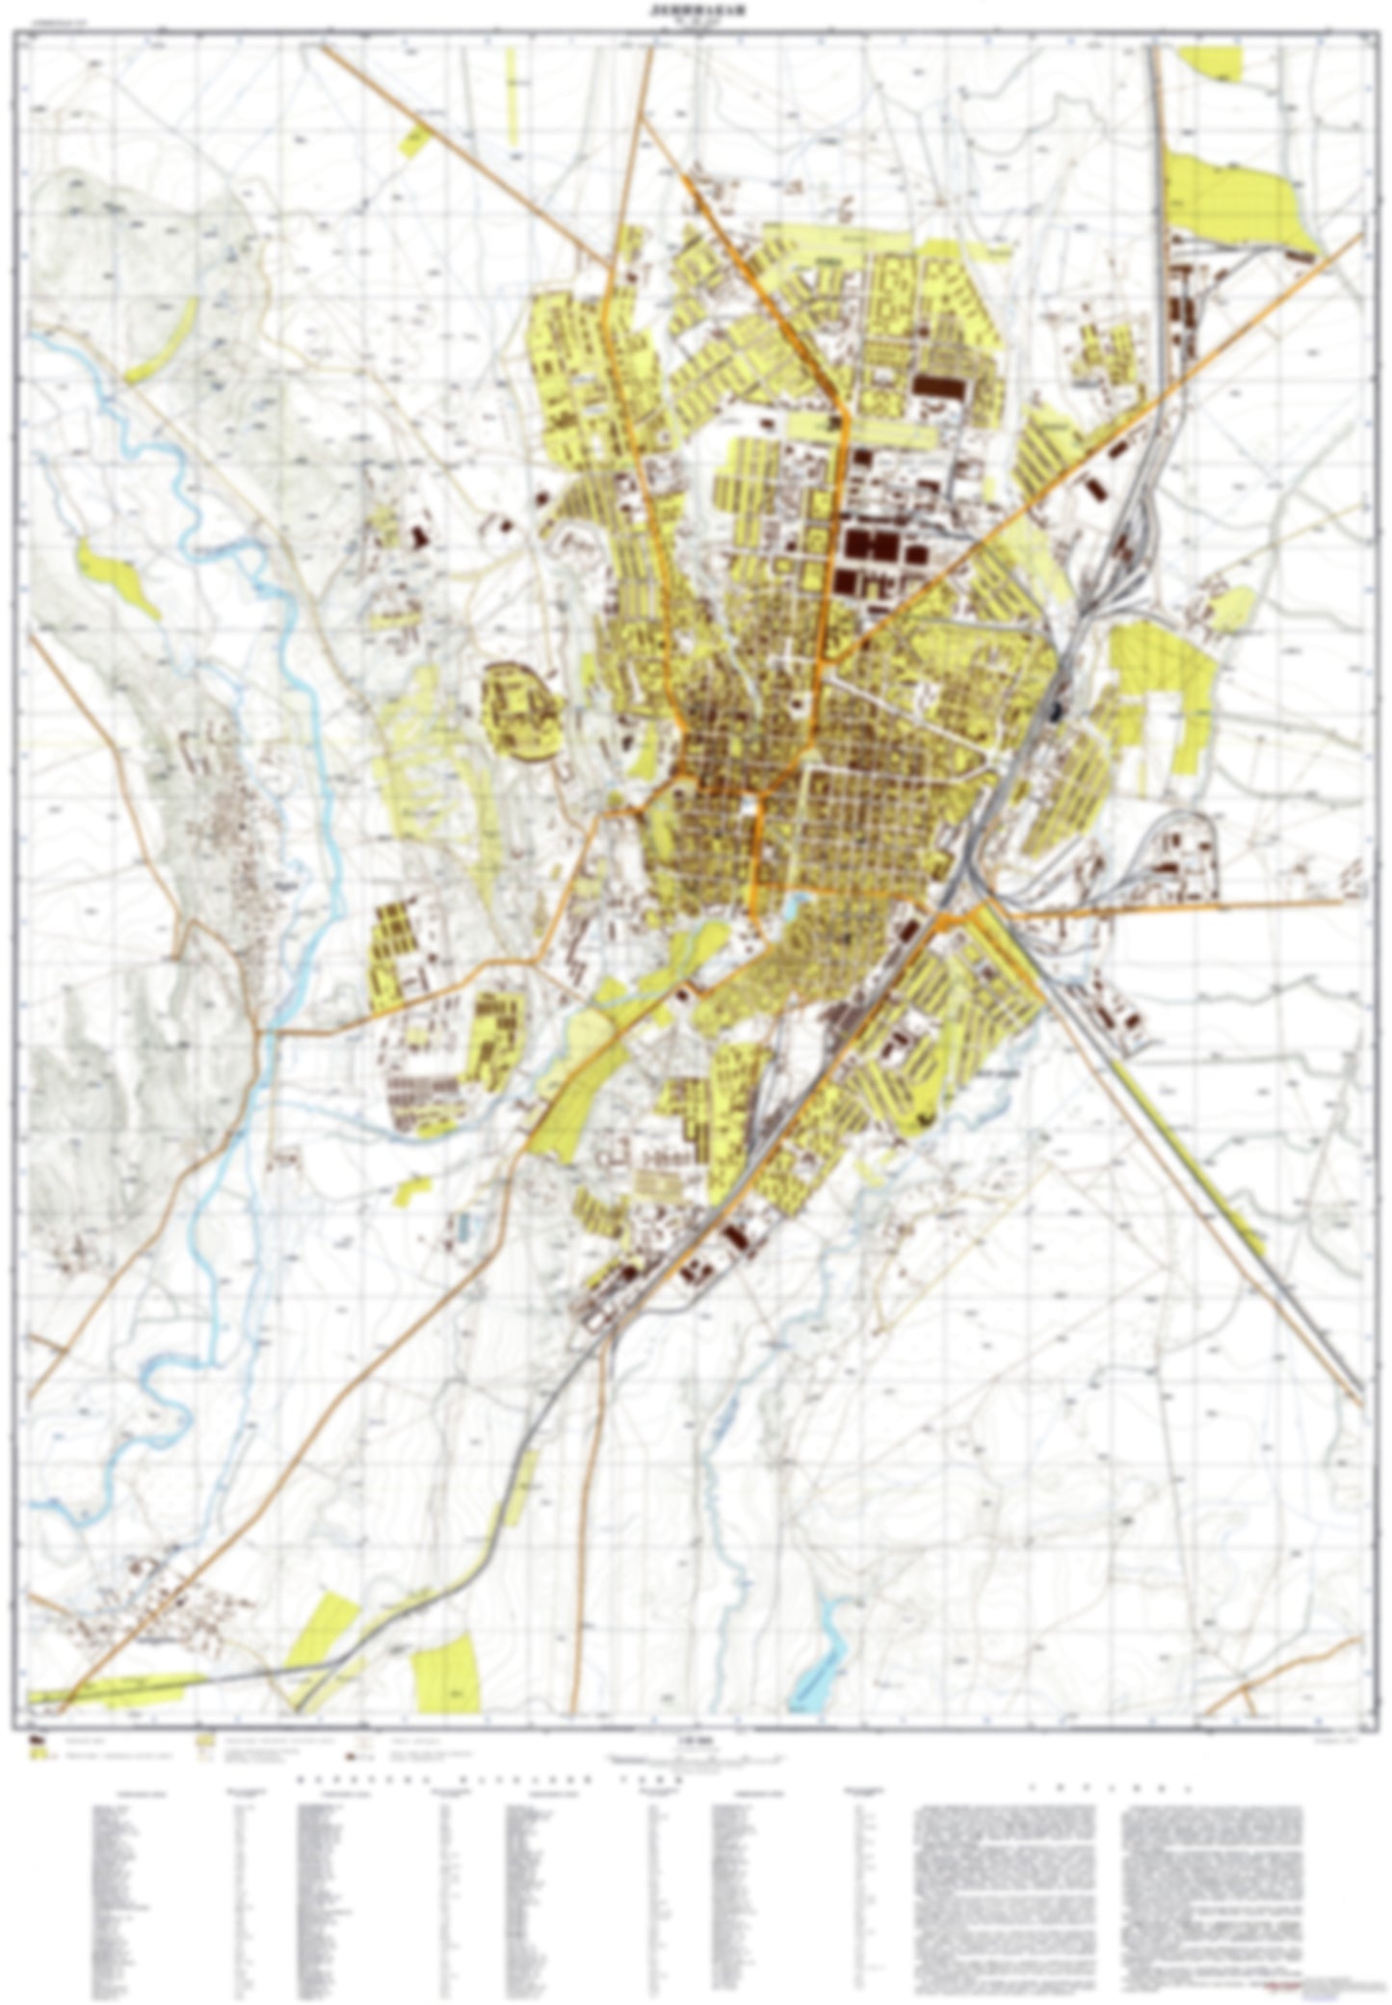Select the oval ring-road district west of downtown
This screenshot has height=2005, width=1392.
point(522,711)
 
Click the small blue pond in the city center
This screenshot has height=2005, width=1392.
point(796,904)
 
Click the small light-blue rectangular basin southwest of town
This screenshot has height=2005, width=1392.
point(465,1227)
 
